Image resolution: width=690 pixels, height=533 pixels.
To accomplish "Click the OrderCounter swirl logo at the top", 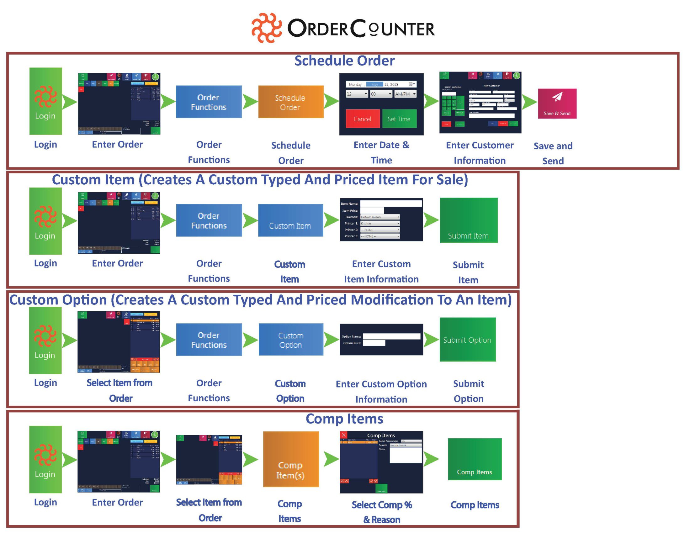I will (266, 28).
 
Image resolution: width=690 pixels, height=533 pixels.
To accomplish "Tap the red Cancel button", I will (362, 119).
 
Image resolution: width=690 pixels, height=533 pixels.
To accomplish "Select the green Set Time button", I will (399, 119).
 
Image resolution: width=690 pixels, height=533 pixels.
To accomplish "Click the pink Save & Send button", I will (557, 103).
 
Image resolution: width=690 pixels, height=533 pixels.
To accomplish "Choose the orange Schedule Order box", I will (291, 102).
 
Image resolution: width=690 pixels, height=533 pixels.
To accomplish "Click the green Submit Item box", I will (469, 220).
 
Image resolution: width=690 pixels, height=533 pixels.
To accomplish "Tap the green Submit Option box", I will (468, 340).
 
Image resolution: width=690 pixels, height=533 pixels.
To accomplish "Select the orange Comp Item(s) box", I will (291, 459).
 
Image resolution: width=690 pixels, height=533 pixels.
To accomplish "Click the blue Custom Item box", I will (290, 220).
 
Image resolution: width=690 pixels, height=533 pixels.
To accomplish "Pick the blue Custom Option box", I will (291, 340).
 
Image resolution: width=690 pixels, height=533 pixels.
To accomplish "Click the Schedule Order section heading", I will (344, 61).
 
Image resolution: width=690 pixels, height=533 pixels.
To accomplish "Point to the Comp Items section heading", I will (344, 419).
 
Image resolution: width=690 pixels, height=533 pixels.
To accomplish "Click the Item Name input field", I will (391, 204).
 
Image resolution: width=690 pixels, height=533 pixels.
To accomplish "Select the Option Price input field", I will (374, 343).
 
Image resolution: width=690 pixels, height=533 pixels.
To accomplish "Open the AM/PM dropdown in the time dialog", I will (405, 94).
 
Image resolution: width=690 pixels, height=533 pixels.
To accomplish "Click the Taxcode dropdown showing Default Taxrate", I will (380, 217).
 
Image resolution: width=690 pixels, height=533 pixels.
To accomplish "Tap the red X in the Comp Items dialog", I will (344, 435).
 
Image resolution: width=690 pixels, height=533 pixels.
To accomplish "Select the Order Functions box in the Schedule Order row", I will (209, 102).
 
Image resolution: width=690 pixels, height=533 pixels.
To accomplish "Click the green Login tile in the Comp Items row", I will (45, 459).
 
